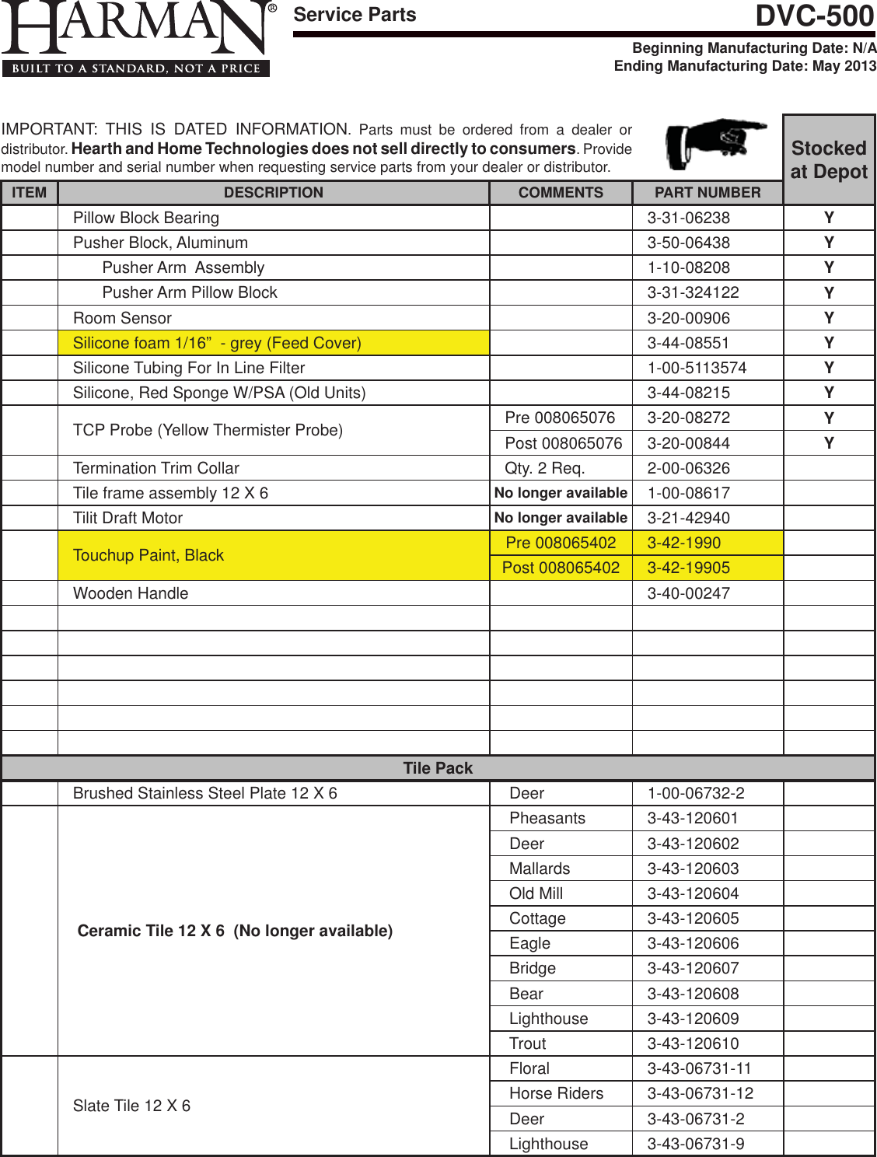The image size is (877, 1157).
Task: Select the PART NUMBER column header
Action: tap(708, 193)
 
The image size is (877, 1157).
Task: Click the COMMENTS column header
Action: tap(561, 193)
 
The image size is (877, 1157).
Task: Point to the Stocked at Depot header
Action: tap(829, 159)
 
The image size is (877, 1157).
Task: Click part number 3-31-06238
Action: tap(689, 218)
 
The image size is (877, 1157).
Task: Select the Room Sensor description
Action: tap(122, 318)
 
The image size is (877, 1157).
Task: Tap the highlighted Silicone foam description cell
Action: tap(217, 343)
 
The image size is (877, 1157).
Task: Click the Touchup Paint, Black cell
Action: tap(148, 555)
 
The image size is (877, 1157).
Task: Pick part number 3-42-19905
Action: tap(689, 568)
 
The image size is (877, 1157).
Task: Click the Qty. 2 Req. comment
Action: tap(545, 468)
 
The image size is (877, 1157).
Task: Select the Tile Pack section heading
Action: tap(438, 768)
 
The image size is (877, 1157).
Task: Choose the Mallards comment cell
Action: tap(540, 869)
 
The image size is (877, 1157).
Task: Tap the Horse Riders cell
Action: tap(556, 1093)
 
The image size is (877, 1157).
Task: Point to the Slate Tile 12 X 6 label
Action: tap(131, 1106)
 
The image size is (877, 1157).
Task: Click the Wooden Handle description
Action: tap(131, 593)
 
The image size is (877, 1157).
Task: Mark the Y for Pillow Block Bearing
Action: tap(829, 218)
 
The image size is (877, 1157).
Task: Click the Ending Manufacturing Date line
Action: tap(745, 66)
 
